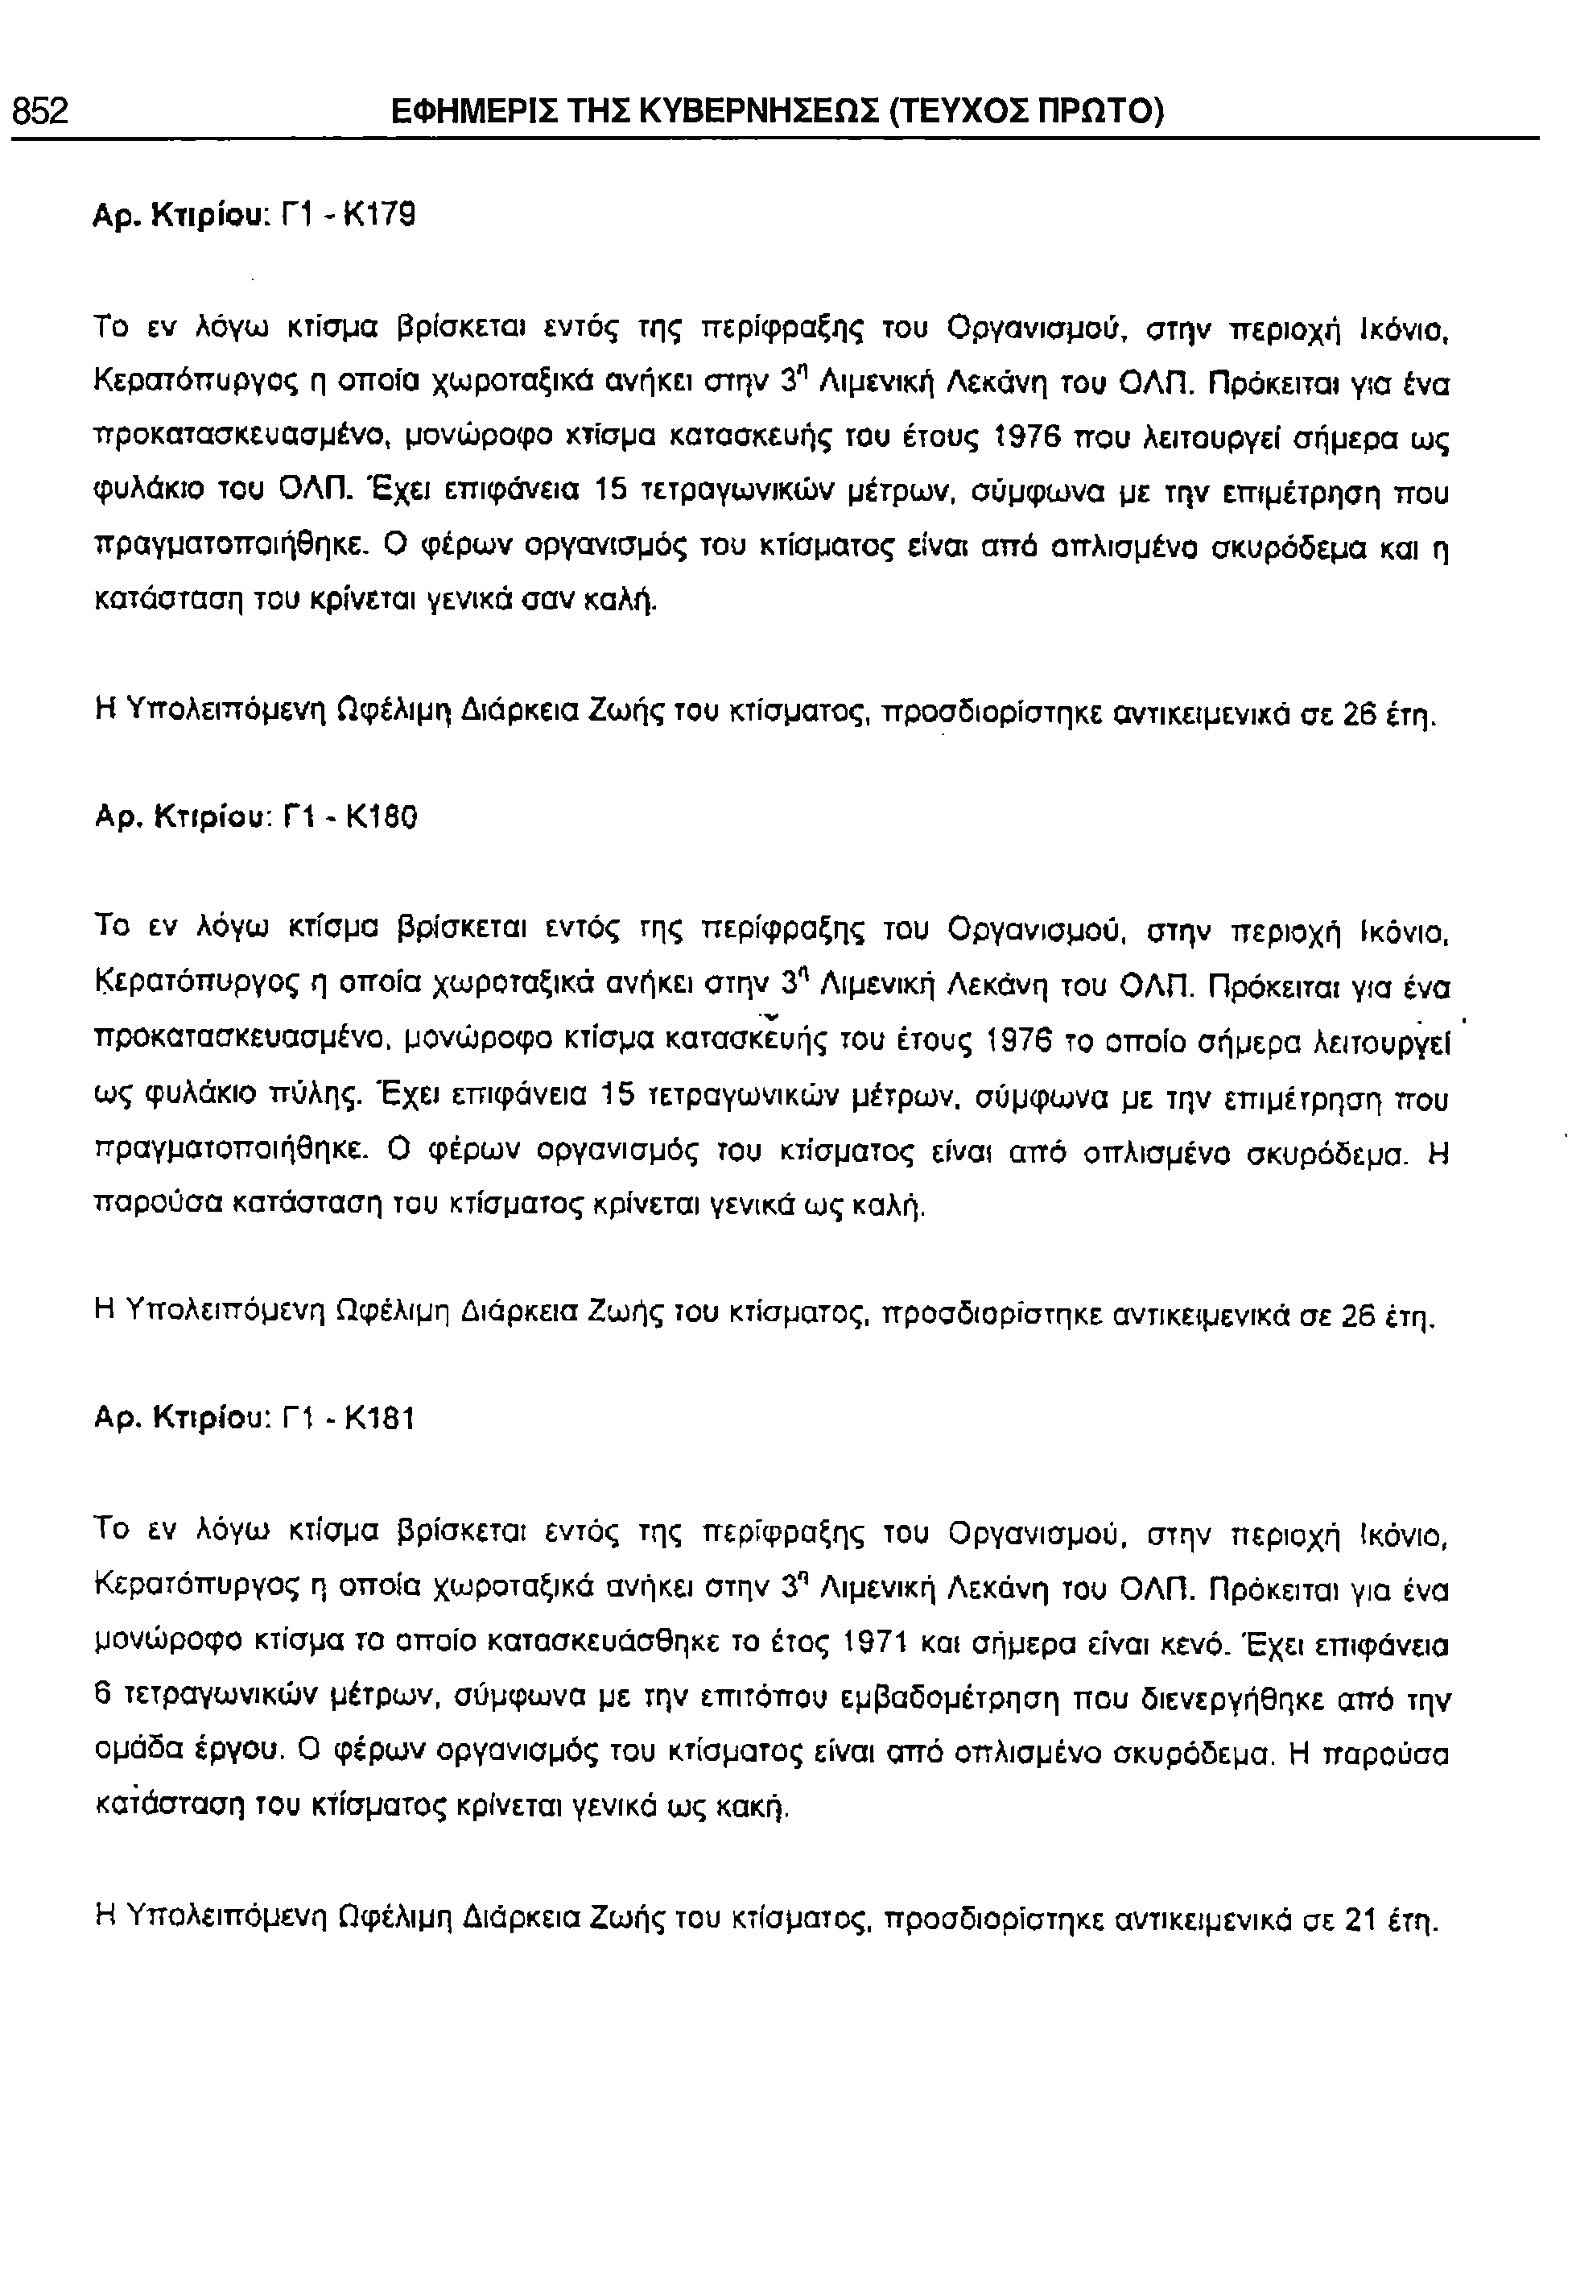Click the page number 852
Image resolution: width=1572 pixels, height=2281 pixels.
coord(40,110)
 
